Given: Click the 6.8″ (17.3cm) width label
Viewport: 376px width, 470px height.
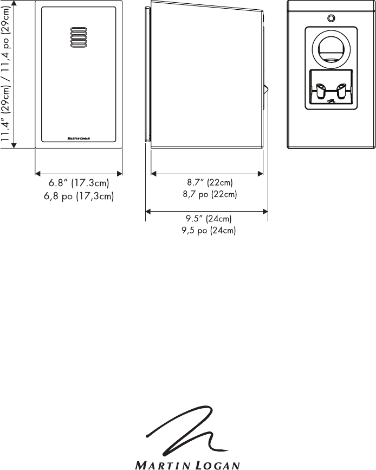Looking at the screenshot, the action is point(79,183).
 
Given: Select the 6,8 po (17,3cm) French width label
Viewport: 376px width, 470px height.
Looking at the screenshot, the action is point(79,196).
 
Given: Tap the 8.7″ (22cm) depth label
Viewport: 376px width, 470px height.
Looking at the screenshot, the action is point(210,182).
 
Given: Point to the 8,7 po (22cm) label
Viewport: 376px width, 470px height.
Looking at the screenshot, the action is point(210,194).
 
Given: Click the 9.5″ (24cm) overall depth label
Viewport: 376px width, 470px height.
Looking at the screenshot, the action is point(209,219).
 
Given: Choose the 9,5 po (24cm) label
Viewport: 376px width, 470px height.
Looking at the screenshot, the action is point(209,231).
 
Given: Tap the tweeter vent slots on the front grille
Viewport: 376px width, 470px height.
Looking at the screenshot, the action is point(79,37).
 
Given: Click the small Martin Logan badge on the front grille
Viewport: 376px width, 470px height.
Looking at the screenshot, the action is point(79,138).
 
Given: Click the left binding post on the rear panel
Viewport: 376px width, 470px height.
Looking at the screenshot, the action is point(320,91).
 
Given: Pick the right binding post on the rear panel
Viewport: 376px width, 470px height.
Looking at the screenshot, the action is point(341,91).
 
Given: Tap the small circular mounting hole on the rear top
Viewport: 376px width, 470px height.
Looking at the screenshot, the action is point(331,18).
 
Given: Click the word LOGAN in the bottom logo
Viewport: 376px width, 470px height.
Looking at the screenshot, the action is point(217,465).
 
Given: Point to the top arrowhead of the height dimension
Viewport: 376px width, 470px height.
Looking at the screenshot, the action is point(14,2).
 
